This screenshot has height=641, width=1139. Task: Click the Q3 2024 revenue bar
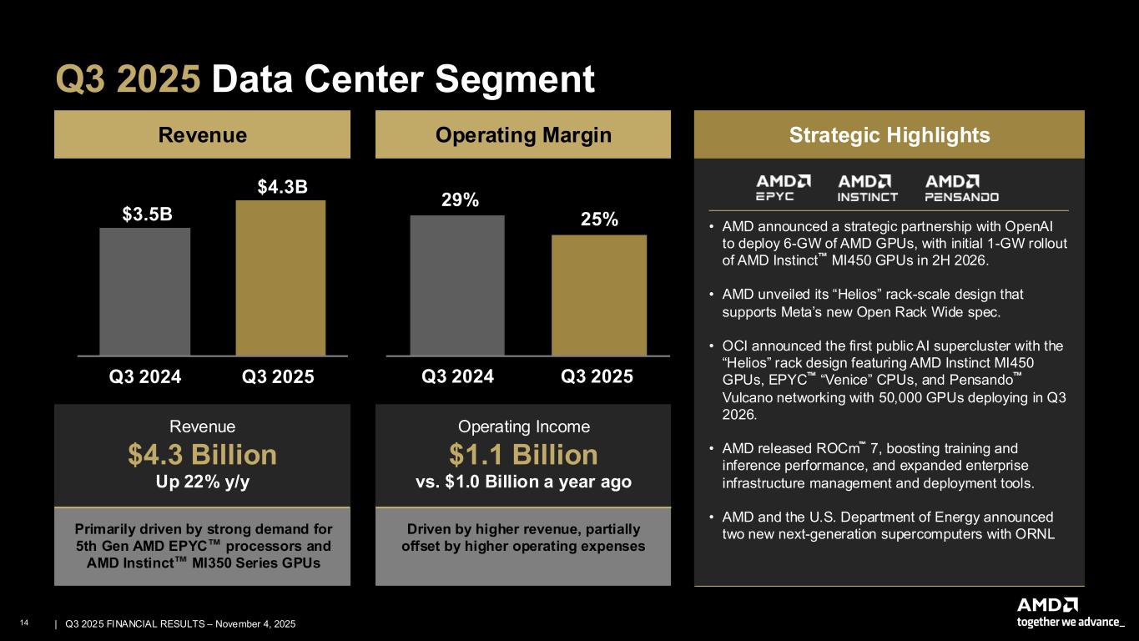pos(144,291)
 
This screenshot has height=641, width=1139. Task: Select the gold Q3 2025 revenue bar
pos(280,278)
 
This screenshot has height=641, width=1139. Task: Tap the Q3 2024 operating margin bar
pos(457,285)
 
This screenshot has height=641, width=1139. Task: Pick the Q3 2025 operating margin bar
pos(598,295)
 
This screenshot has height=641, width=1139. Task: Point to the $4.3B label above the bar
pos(282,186)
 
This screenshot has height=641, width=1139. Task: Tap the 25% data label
pos(599,220)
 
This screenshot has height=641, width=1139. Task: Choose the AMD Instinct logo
pos(868,188)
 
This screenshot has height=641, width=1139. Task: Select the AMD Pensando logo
pos(962,188)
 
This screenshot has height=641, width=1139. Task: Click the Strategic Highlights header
pos(889,135)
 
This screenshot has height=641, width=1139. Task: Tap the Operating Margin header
pos(523,135)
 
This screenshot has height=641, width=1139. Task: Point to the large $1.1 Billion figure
pos(523,455)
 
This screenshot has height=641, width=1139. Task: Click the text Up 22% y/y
pos(202,483)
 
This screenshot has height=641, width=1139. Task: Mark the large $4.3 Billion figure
pos(202,455)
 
